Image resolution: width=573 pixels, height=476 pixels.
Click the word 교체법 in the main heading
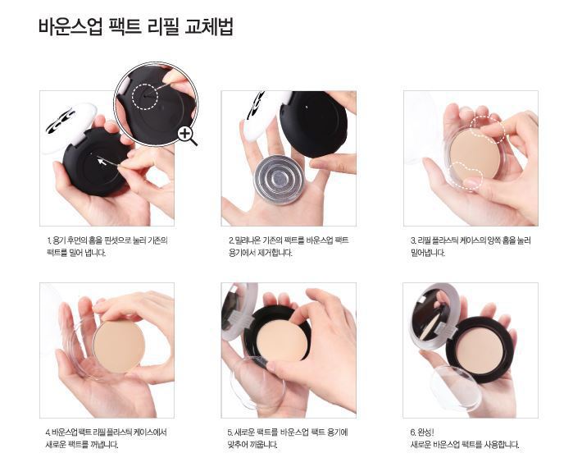(x=209, y=26)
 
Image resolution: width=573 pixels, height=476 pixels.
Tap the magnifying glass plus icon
(x=185, y=134)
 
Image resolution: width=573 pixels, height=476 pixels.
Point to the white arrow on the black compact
(x=102, y=161)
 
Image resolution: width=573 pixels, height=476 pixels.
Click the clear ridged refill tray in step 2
(x=279, y=178)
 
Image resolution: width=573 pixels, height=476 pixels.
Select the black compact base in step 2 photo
(x=313, y=124)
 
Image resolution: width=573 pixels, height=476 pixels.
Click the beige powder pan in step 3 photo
(x=475, y=153)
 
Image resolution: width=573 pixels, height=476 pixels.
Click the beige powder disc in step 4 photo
(x=119, y=346)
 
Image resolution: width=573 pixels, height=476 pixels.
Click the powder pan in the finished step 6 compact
(x=479, y=350)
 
